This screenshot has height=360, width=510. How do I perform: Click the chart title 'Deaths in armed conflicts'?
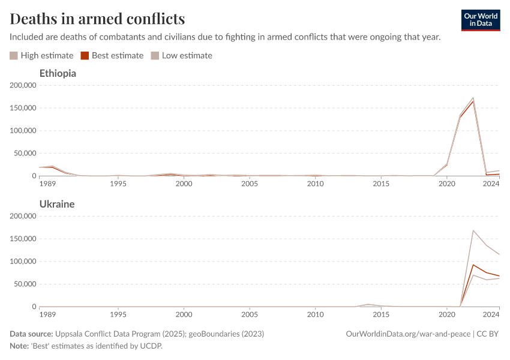[x=97, y=19]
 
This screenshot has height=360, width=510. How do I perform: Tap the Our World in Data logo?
[x=480, y=20]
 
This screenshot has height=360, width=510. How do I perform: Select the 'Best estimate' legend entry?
[x=112, y=56]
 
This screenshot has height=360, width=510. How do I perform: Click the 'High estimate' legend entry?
[x=41, y=56]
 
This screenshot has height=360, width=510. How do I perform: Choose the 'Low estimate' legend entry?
[x=181, y=56]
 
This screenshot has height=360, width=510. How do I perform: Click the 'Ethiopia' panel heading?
[x=58, y=73]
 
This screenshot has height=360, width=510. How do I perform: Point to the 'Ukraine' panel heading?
[x=57, y=204]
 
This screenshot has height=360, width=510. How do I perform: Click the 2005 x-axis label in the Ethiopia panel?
[x=250, y=183]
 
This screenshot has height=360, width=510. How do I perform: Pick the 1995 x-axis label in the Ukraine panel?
[x=118, y=314]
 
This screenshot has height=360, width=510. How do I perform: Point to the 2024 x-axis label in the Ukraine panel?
[x=491, y=314]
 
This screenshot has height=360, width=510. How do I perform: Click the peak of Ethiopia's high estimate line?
[x=473, y=98]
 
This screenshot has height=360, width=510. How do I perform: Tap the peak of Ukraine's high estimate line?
[x=473, y=230]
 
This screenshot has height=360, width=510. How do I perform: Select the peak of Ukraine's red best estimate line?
[x=473, y=265]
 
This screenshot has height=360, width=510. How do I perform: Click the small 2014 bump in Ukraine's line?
[x=368, y=304]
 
